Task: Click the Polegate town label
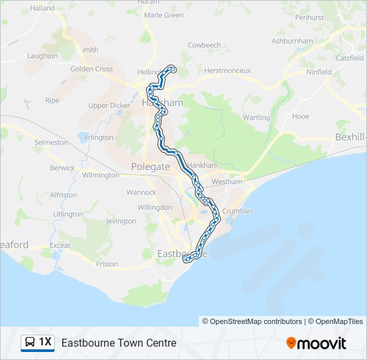[150, 167]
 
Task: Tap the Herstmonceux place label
[227, 70]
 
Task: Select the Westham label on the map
[225, 181]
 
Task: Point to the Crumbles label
[238, 211]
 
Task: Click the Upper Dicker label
[109, 105]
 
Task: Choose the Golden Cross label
[91, 69]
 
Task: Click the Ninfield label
[318, 71]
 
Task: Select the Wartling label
[257, 117]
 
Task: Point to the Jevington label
[121, 221]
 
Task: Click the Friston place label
[107, 264]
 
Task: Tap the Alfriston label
[63, 195]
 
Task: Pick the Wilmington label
[100, 175]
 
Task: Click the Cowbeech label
[204, 45]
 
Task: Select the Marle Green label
[163, 15]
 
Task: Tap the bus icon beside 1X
[30, 343]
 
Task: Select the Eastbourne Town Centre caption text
[119, 343]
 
